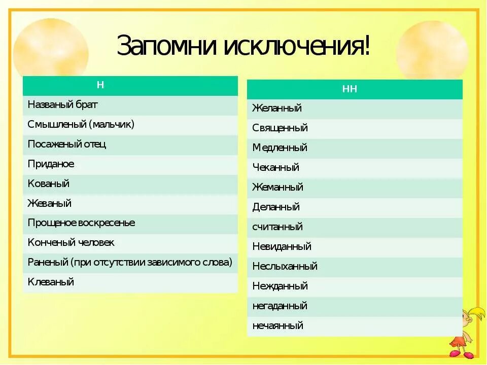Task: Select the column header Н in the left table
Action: click(100, 85)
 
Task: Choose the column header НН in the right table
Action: click(350, 89)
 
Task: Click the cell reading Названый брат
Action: click(63, 105)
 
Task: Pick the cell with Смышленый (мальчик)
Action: click(81, 125)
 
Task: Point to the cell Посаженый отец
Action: click(67, 144)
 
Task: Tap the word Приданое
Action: click(51, 164)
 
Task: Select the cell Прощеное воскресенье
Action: click(82, 223)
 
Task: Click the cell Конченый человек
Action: click(71, 243)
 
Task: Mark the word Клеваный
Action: click(51, 282)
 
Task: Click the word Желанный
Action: click(277, 108)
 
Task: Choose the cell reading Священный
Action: click(280, 128)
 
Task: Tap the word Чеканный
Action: click(276, 168)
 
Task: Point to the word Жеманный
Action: click(278, 188)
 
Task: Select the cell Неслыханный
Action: click(285, 267)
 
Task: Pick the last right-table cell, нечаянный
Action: click(278, 326)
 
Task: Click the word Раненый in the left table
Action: click(48, 263)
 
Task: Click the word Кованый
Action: click(49, 184)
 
